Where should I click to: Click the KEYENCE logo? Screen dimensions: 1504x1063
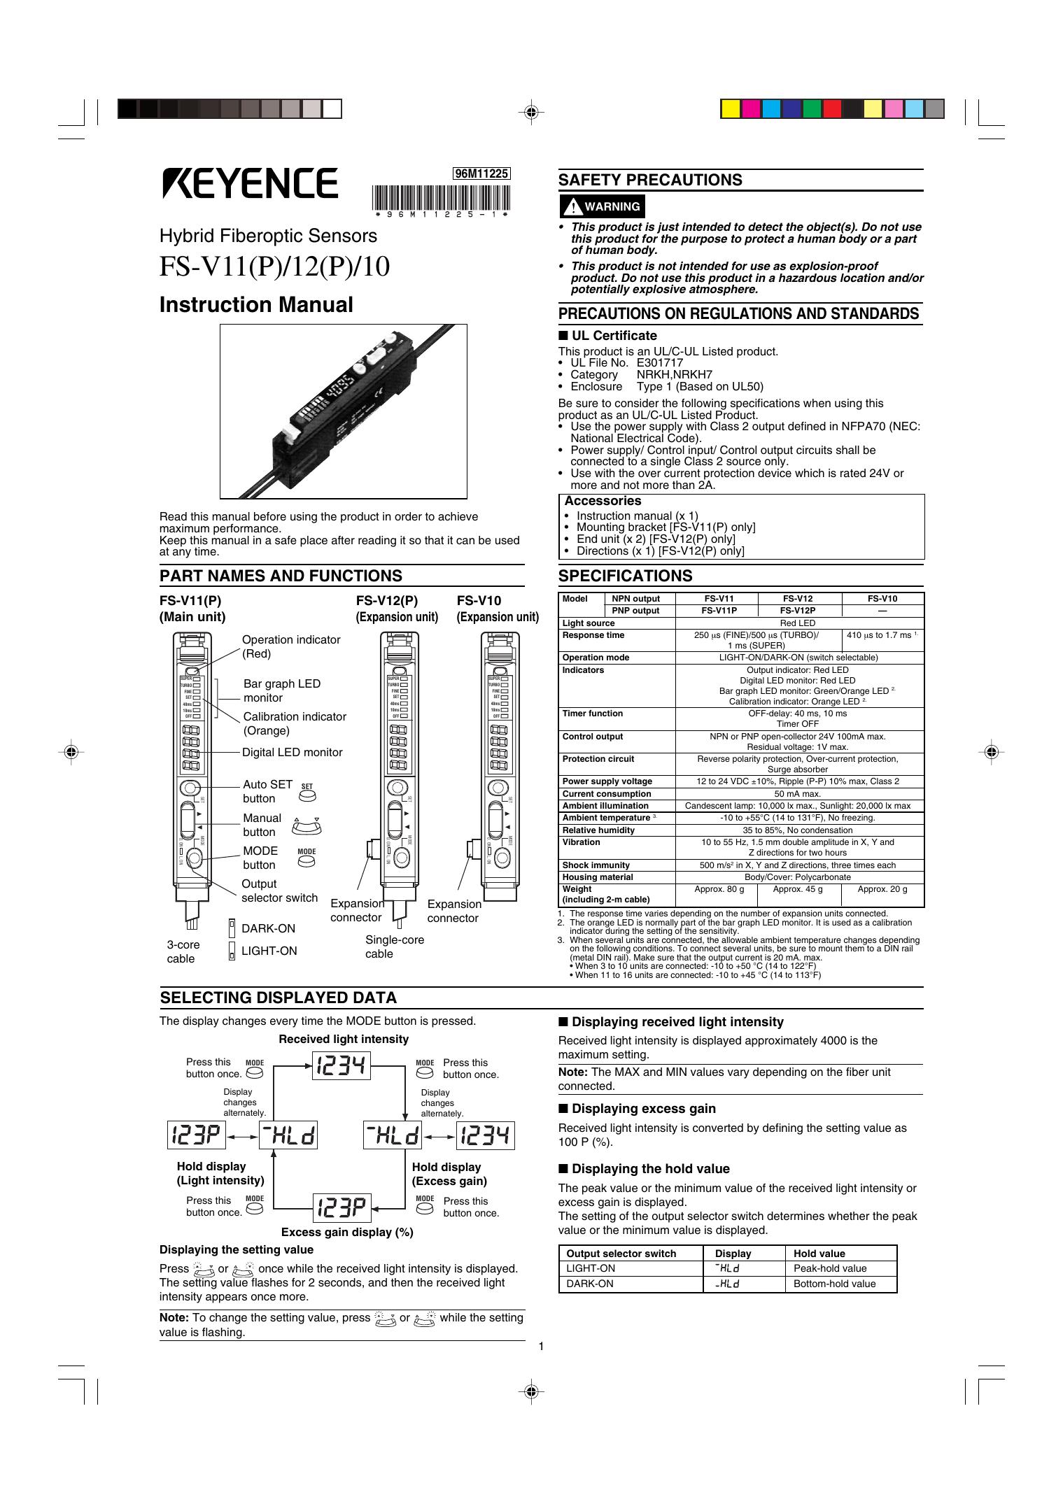tap(250, 184)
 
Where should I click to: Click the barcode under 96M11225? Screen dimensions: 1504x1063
tap(440, 197)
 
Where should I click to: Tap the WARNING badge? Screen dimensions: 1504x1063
tap(602, 206)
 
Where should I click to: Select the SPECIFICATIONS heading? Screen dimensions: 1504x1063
tap(625, 576)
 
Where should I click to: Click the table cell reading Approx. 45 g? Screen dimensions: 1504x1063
tap(798, 889)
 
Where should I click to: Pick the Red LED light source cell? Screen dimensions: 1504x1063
tap(798, 623)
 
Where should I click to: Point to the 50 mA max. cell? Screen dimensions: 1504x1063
tap(798, 793)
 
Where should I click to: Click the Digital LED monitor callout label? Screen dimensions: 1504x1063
tap(292, 752)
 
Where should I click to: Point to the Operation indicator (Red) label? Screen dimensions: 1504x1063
tap(291, 646)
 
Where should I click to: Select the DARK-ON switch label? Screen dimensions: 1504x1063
tap(268, 928)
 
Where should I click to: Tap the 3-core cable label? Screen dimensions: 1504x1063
tap(183, 951)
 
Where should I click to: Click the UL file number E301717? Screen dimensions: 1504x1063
tap(659, 363)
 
